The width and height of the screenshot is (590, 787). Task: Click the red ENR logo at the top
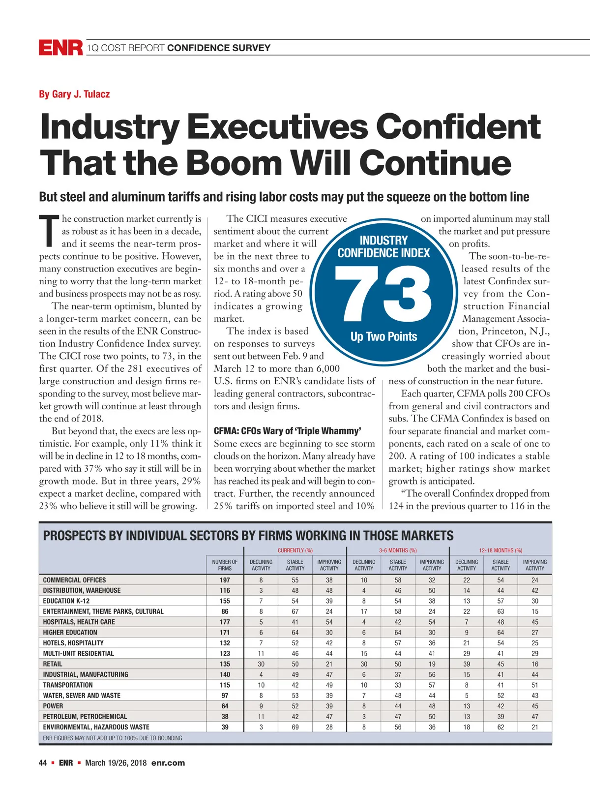click(x=61, y=48)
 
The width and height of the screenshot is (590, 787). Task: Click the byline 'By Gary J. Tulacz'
click(x=74, y=94)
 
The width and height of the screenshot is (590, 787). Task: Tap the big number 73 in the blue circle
click(x=383, y=294)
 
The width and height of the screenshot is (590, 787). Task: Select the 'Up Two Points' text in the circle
click(x=383, y=337)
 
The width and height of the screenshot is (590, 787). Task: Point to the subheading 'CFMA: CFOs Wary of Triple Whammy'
click(x=288, y=431)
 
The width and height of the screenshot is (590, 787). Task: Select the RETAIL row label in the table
click(x=53, y=664)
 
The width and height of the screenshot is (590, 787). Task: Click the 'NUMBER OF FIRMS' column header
click(x=225, y=565)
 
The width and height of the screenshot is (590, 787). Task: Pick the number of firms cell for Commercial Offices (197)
click(x=225, y=580)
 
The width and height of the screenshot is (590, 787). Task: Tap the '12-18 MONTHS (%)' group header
click(x=501, y=550)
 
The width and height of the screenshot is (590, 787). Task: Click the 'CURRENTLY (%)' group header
click(x=295, y=550)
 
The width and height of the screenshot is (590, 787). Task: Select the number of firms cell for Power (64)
click(x=225, y=706)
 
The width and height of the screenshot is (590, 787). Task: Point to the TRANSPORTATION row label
click(x=68, y=685)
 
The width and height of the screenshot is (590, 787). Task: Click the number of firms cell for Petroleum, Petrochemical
click(x=225, y=717)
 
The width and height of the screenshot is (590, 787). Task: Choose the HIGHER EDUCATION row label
click(x=70, y=633)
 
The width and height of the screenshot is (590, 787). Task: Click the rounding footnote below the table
click(x=113, y=738)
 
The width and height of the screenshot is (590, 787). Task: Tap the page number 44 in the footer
click(x=43, y=763)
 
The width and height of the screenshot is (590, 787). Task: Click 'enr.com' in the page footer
click(x=168, y=763)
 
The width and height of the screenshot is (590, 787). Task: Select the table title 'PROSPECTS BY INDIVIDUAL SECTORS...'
click(x=248, y=536)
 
